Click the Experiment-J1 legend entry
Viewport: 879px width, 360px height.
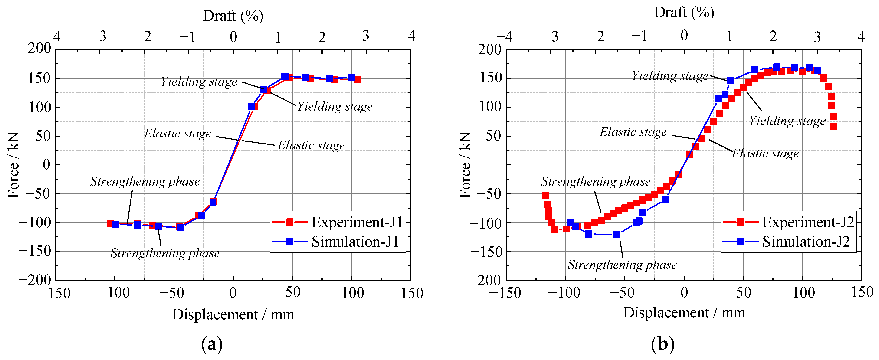click(x=357, y=222)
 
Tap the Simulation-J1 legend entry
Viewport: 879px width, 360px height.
click(x=355, y=242)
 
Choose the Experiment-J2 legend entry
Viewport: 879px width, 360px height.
click(x=808, y=222)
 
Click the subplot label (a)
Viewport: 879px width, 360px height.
click(x=212, y=344)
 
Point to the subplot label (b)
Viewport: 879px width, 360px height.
click(x=662, y=344)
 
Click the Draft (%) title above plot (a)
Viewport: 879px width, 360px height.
click(x=233, y=16)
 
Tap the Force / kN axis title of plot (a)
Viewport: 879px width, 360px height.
click(x=14, y=165)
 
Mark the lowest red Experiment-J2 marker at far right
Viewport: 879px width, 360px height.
click(x=833, y=126)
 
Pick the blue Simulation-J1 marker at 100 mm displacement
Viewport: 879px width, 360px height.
click(x=351, y=77)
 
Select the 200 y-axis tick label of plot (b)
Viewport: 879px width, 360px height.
click(x=489, y=50)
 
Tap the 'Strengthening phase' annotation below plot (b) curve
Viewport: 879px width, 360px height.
click(x=622, y=265)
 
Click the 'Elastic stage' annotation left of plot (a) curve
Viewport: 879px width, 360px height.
click(x=177, y=133)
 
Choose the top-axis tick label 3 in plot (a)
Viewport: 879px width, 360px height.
click(x=365, y=36)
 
